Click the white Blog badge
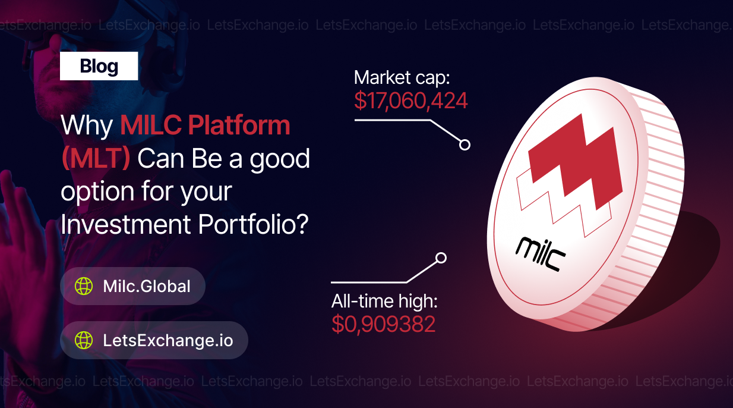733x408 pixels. pos(99,66)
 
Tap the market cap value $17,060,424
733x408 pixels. pos(410,101)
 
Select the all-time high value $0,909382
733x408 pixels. pos(383,324)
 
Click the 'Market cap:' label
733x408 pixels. pos(402,78)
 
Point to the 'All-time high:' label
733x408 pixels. pos(384,302)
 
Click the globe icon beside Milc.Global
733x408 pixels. pos(84,286)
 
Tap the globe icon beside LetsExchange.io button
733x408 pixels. pos(84,340)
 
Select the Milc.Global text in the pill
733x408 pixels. pos(147,286)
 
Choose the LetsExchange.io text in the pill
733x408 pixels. pos(168,340)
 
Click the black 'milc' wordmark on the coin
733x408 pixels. pos(541,255)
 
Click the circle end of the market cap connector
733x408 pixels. pos(465,145)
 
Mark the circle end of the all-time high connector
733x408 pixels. pos(441,258)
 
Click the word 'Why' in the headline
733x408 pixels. pos(87,126)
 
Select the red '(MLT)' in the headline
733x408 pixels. pos(96,159)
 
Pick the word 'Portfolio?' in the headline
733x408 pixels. pos(253,224)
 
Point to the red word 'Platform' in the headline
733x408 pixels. pos(239,126)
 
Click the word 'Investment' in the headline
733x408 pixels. pos(126,224)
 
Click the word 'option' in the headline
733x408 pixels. pos(97,192)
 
